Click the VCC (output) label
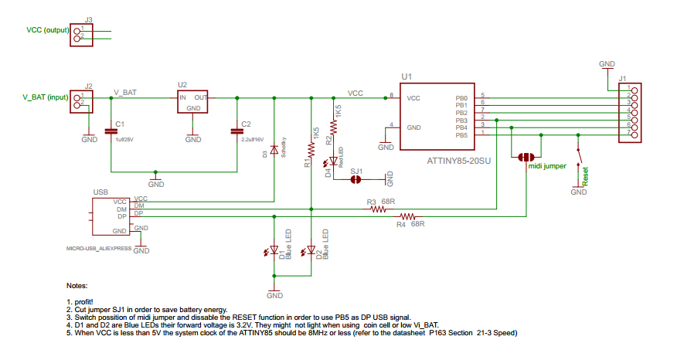[47, 30]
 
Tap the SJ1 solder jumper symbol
[356, 179]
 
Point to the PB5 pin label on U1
[461, 135]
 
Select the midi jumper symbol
[527, 157]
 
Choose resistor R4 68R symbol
[407, 216]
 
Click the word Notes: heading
[78, 286]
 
